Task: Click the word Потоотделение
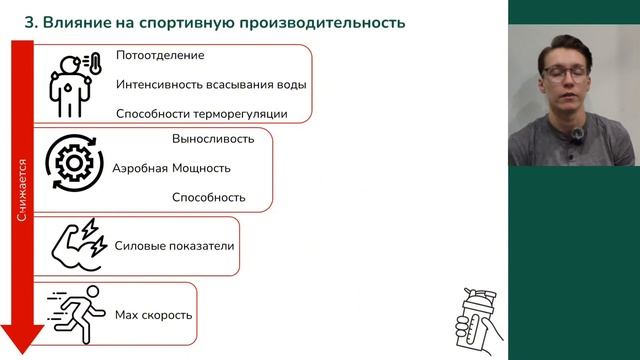tap(160, 56)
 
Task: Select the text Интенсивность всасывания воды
tap(211, 84)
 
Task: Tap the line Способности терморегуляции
tap(201, 113)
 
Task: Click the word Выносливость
tap(213, 139)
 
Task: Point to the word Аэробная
tap(140, 168)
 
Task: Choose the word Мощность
tap(201, 168)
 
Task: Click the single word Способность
tap(208, 197)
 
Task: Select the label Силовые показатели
tap(175, 245)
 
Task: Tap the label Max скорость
tap(153, 315)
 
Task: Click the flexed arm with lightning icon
tap(76, 246)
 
